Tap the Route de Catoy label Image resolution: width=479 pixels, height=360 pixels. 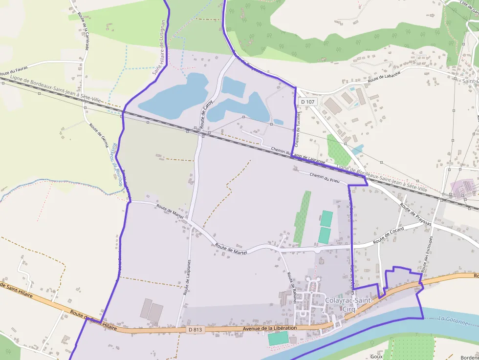(204, 113)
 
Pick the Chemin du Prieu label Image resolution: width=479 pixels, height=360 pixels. (325, 178)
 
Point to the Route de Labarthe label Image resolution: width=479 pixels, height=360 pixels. (384, 77)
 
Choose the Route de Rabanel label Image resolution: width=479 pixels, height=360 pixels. (292, 288)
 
